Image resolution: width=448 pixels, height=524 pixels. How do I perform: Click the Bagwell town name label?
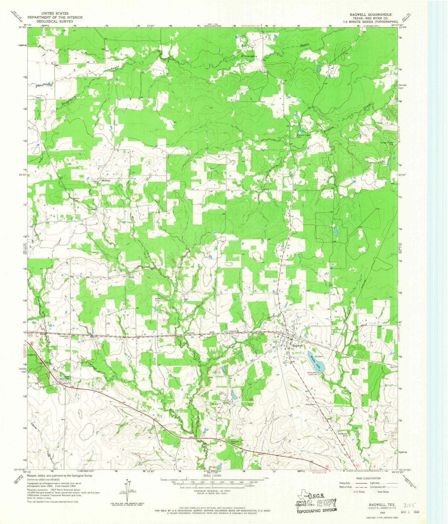point(297,346)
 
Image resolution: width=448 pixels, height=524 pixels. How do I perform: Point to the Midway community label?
point(106,180)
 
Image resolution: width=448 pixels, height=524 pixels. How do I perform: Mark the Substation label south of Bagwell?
point(310,404)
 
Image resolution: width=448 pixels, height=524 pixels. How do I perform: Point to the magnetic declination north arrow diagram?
point(125,491)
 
